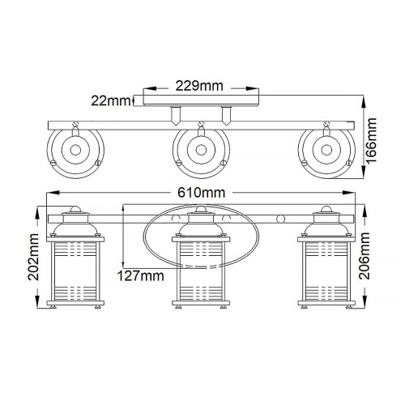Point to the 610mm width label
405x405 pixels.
pos(202,193)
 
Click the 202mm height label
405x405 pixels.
pos(32,258)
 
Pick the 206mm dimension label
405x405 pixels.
pos(373,258)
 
